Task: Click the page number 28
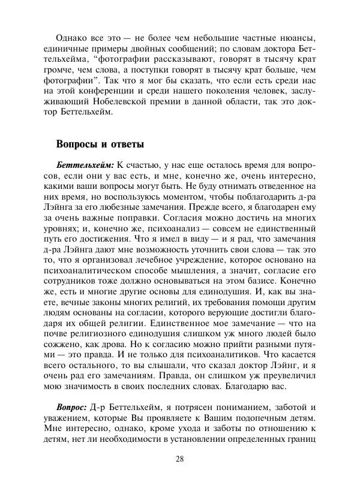[x=180, y=459]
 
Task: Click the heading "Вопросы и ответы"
[x=100, y=144]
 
